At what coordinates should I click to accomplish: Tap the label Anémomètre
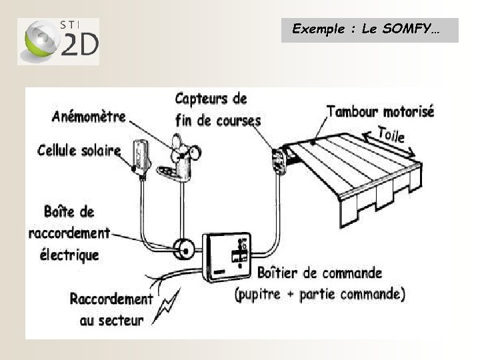pos(89,117)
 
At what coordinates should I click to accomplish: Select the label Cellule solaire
pos(79,151)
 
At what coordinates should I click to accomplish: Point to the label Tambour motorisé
pos(380,111)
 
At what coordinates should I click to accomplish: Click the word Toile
pos(392,135)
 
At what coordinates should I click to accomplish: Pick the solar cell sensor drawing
pos(140,157)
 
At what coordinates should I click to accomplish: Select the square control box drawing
pos(227,257)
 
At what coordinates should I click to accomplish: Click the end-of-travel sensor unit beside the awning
pos(278,160)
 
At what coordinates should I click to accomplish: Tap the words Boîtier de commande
pos(319,273)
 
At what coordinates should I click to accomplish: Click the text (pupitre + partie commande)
pos(319,293)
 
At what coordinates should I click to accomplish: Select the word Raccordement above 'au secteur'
pos(111,299)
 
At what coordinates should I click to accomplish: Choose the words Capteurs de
pos(211,99)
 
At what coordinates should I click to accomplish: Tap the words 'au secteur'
pos(111,321)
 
